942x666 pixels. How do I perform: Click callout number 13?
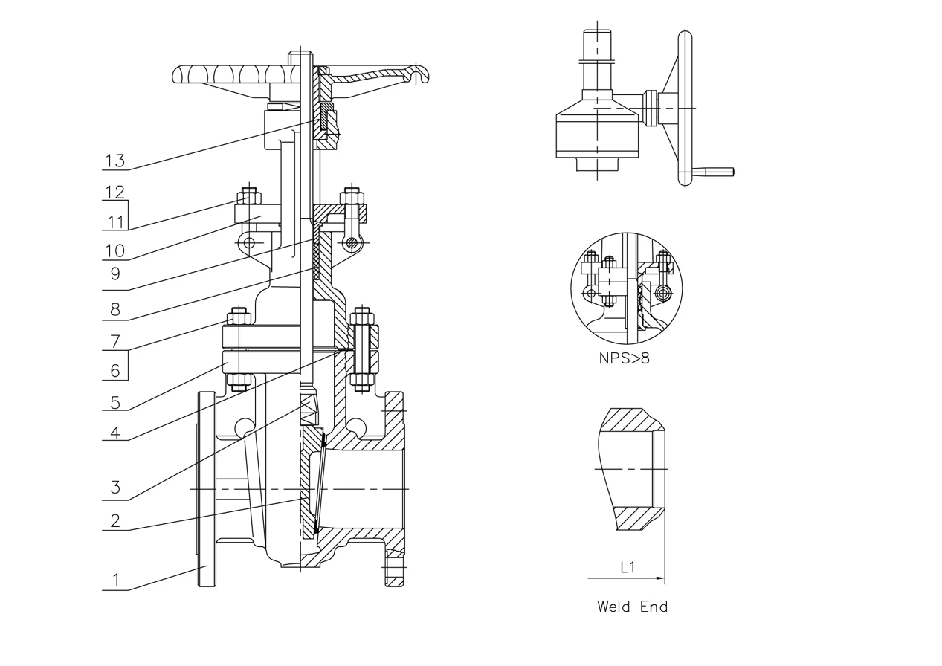pyautogui.click(x=115, y=161)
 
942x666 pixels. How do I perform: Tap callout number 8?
pyautogui.click(x=115, y=309)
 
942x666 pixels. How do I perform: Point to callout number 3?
pyautogui.click(x=115, y=488)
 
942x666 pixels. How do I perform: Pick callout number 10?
pyautogui.click(x=115, y=250)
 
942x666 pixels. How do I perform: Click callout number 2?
pyautogui.click(x=115, y=520)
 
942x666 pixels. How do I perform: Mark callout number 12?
pyautogui.click(x=114, y=191)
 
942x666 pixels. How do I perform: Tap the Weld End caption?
pyautogui.click(x=632, y=607)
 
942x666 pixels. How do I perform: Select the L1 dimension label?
pyautogui.click(x=628, y=567)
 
